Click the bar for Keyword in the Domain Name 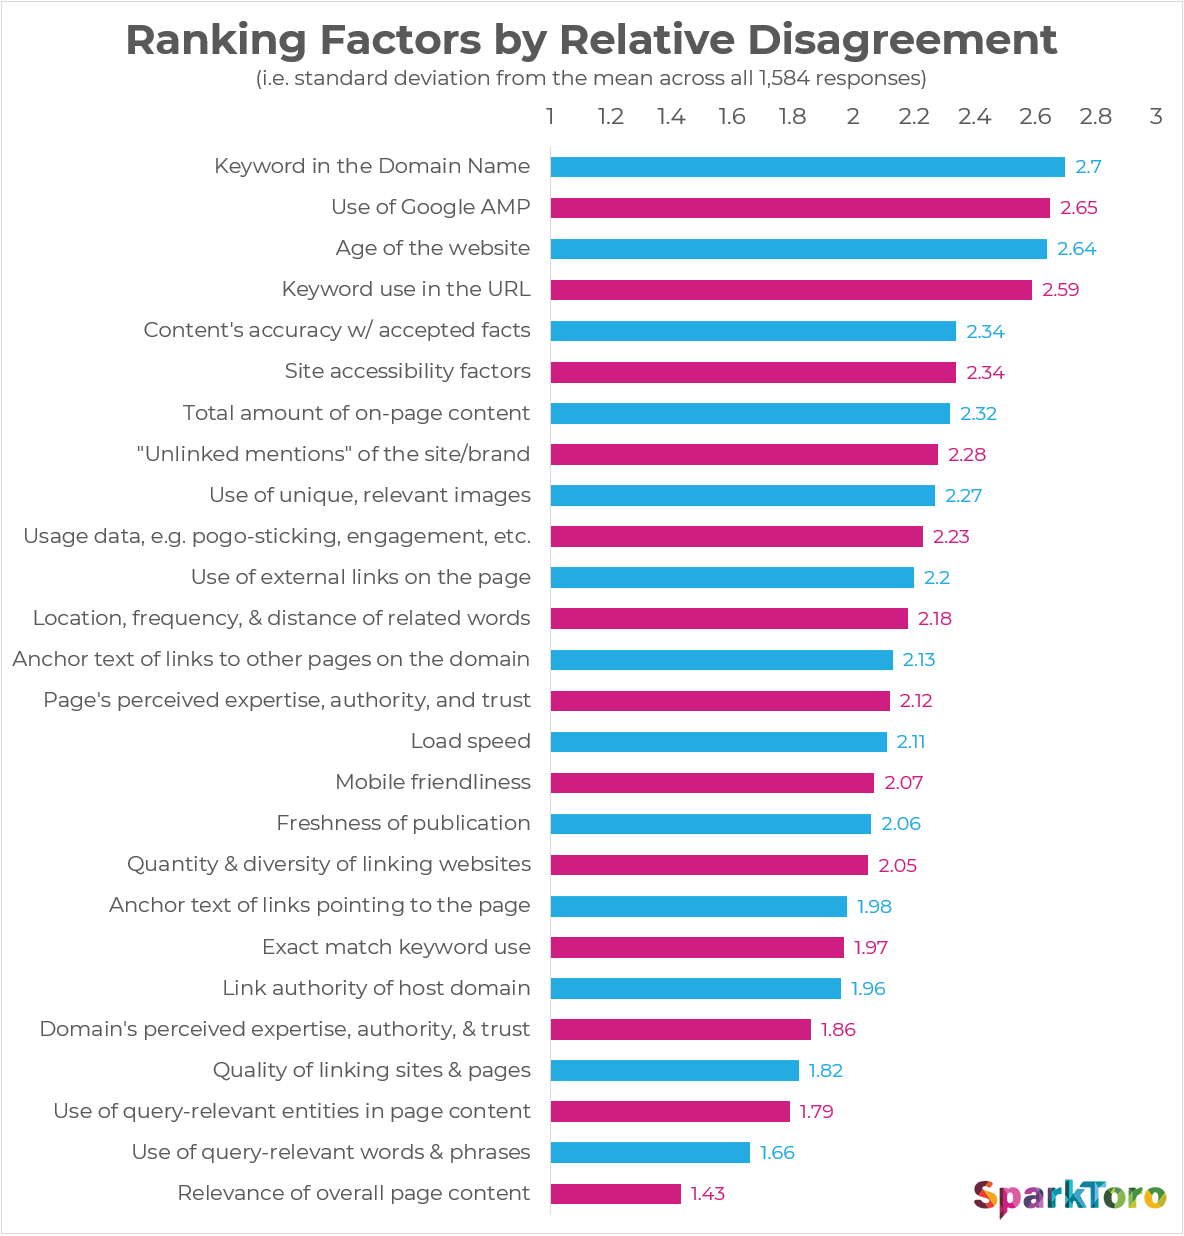(x=807, y=167)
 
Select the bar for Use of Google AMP (x=800, y=208)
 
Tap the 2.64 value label (x=1077, y=249)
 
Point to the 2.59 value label (x=1061, y=290)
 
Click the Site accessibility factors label (x=407, y=371)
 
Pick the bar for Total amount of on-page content (x=750, y=413)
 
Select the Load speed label (x=470, y=741)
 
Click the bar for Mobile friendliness (x=712, y=782)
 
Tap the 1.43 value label (x=707, y=1194)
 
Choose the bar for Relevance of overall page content (x=615, y=1194)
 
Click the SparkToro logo (x=1069, y=1196)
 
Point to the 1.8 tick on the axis (x=792, y=117)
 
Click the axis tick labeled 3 (x=1156, y=117)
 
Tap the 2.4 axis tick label (x=974, y=117)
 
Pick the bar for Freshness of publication (x=710, y=824)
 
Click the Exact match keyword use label (x=396, y=947)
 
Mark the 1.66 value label (x=777, y=1153)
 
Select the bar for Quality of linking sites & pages (x=674, y=1071)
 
